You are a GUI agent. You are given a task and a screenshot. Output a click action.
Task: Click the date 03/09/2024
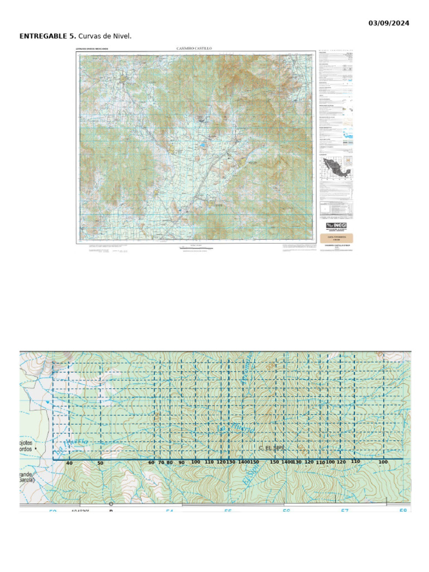pyautogui.click(x=389, y=23)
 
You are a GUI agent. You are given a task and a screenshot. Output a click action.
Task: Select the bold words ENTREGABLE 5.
pyautogui.click(x=47, y=36)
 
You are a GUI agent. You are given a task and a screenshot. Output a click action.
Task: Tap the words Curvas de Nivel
pyautogui.click(x=105, y=36)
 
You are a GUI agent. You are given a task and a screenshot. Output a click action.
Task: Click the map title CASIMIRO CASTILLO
pyautogui.click(x=194, y=49)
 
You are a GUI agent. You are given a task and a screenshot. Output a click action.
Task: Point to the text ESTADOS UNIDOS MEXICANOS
pyautogui.click(x=93, y=49)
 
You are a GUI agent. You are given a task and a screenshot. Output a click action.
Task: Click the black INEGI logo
pyautogui.click(x=336, y=226)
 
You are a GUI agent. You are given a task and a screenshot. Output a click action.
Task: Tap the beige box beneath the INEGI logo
pyautogui.click(x=336, y=237)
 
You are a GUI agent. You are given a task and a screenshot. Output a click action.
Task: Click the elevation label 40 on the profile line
pyautogui.click(x=69, y=464)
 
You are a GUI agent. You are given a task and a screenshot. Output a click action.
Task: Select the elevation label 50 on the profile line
pyautogui.click(x=101, y=464)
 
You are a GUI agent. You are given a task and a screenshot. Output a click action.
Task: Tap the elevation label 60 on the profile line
pyautogui.click(x=151, y=463)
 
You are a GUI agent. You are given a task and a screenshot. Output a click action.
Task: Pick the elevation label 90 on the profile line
pyautogui.click(x=182, y=463)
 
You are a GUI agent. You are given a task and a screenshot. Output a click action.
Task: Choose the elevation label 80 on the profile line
pyautogui.click(x=170, y=463)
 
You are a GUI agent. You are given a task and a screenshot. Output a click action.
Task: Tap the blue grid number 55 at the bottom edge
pyautogui.click(x=228, y=511)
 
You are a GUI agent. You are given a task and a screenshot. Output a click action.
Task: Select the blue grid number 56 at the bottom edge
pyautogui.click(x=286, y=511)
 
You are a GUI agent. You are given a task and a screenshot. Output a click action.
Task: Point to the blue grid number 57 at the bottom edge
pyautogui.click(x=345, y=511)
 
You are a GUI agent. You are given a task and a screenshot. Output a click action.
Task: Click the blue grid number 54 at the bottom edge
pyautogui.click(x=169, y=511)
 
